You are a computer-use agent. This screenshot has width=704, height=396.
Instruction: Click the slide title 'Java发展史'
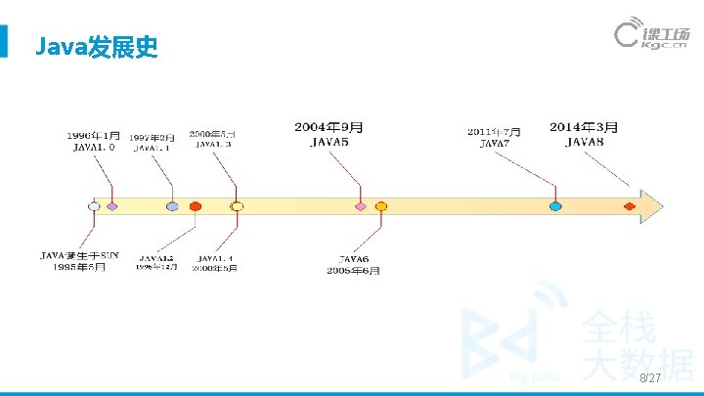[x=95, y=46]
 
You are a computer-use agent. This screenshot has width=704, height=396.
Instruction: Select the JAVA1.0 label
[x=94, y=148]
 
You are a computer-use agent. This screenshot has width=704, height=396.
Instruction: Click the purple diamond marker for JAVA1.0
[x=112, y=206]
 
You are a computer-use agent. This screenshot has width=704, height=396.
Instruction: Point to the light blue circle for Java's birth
[x=94, y=206]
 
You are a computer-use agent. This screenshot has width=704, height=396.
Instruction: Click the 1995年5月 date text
[x=78, y=267]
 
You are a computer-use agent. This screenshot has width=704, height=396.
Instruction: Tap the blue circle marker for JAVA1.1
[x=172, y=206]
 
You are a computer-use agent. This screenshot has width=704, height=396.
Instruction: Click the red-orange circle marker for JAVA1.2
[x=196, y=206]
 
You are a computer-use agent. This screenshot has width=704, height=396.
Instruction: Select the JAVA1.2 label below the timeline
[x=156, y=256]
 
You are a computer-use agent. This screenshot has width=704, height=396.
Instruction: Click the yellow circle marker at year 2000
[x=237, y=206]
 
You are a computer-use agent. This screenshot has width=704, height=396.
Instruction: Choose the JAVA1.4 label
[x=214, y=256]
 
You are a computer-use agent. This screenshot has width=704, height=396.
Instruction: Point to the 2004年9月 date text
[x=330, y=127]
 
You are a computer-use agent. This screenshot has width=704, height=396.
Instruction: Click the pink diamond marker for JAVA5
[x=361, y=206]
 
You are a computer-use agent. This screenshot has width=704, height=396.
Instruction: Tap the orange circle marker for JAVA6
[x=381, y=206]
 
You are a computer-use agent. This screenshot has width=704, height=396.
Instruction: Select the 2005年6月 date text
[x=353, y=270]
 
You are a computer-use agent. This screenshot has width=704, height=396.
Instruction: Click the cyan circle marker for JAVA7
[x=555, y=206]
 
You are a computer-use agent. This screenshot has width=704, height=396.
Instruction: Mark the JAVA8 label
[x=585, y=143]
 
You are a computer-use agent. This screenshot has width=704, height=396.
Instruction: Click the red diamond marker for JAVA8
[x=630, y=206]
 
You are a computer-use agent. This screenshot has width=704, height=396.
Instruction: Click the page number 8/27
[x=650, y=377]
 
